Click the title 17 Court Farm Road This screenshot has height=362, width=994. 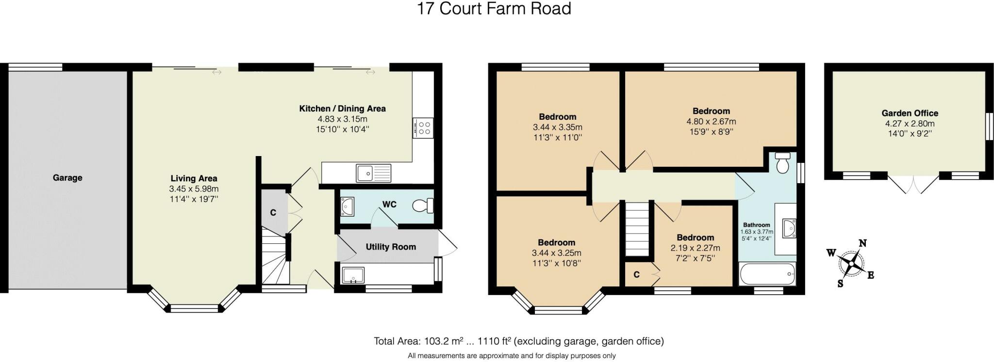494,9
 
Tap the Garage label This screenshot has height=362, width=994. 67,178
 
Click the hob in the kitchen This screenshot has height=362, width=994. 423,128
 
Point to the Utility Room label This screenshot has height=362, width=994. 391,247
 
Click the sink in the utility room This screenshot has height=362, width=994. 353,275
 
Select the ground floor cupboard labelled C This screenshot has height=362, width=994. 273,212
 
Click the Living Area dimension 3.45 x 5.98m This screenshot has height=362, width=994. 194,189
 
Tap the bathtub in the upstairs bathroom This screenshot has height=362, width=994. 767,275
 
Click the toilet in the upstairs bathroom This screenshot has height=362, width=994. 782,163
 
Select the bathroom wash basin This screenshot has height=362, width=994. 789,228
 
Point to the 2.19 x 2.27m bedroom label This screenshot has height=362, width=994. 695,248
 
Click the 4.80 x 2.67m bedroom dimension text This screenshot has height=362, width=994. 711,121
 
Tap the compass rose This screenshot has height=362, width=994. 851,263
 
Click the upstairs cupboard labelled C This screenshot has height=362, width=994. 637,275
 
